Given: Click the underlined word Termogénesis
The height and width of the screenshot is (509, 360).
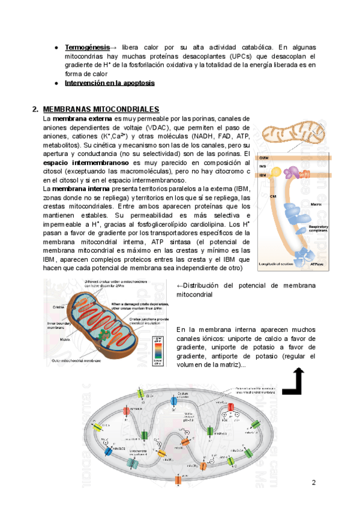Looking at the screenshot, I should coord(87,47).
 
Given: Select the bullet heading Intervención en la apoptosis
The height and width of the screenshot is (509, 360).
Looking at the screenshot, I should coord(110,83).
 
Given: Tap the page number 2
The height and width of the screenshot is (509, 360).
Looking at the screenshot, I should coord(313,483).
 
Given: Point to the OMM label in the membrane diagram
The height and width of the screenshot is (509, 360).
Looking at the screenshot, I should coord(263,157).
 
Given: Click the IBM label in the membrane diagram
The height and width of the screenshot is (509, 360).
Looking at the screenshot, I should coord(262,175).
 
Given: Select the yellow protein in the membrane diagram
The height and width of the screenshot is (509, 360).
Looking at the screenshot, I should coord(275,172).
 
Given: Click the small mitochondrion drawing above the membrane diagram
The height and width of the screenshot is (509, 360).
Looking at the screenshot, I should coord(295,136).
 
